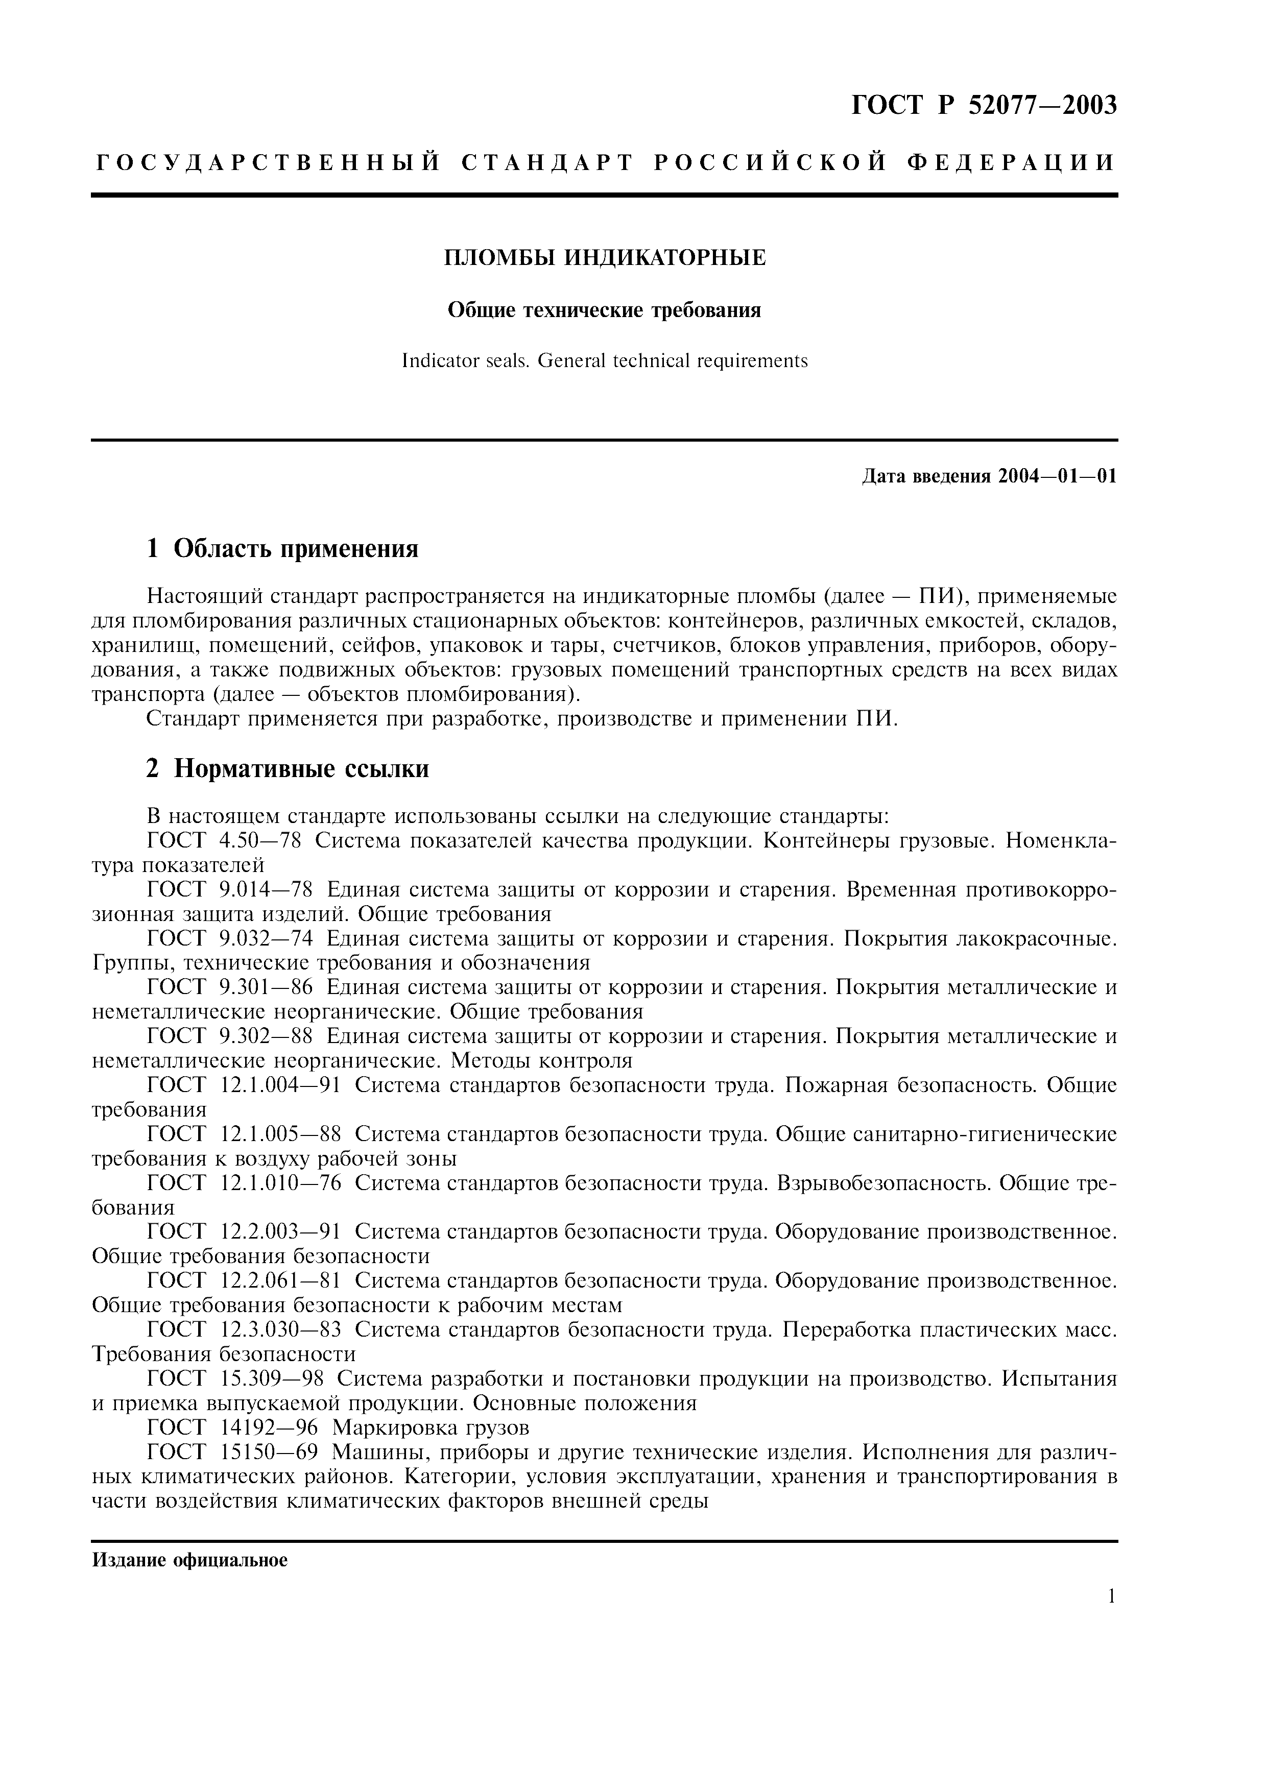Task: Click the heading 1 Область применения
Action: pos(282,549)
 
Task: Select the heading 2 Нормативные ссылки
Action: pos(288,769)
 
